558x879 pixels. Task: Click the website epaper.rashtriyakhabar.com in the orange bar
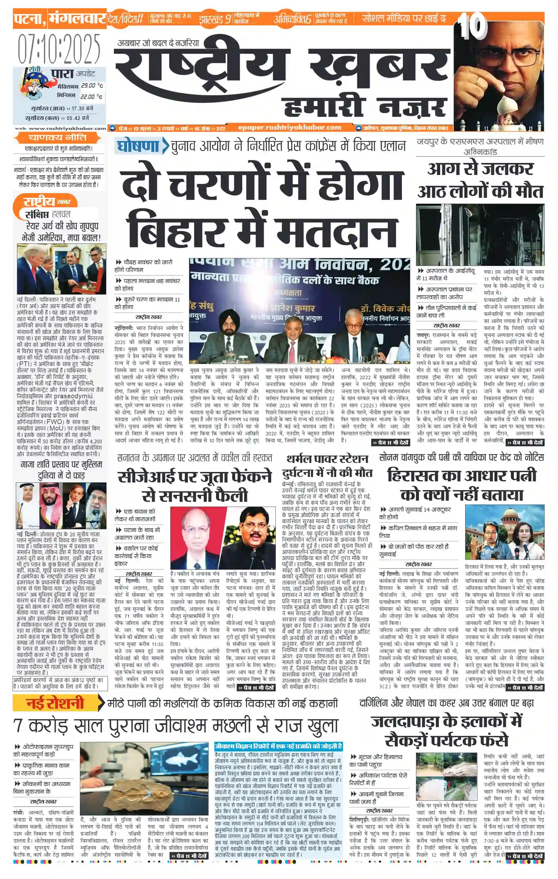pos(289,127)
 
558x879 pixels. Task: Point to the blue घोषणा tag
pos(137,146)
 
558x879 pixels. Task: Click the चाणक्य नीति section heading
pos(57,138)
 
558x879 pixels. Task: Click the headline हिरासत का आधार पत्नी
pos(462,475)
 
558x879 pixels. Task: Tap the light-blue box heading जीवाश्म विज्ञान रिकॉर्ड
pos(278,746)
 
